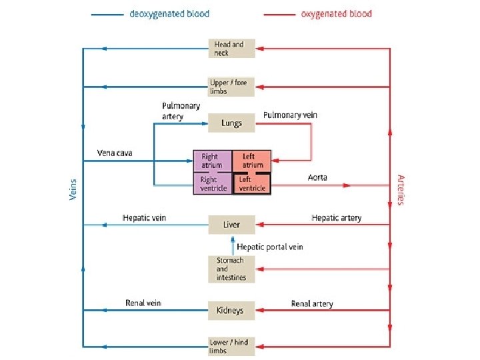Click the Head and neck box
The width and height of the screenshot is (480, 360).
tap(231, 48)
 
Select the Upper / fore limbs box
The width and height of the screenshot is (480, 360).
tap(231, 87)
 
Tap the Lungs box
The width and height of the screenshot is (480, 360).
tap(231, 123)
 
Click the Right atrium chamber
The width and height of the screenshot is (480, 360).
tap(212, 161)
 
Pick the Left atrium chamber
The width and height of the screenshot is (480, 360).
tap(252, 161)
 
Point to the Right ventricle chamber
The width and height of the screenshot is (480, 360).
tap(212, 183)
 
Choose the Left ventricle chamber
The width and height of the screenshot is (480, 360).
tap(252, 183)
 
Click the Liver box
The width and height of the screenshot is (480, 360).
tap(231, 225)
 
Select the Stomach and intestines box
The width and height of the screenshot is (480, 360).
tap(231, 269)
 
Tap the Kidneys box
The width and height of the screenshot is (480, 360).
tap(231, 310)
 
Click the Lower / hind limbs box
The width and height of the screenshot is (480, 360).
tap(231, 346)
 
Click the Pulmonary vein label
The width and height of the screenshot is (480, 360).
tap(290, 115)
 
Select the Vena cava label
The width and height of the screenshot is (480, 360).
tap(115, 153)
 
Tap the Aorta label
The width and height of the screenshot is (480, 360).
tap(317, 177)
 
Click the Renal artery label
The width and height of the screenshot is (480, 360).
tap(312, 304)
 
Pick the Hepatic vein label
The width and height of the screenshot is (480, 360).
tap(144, 218)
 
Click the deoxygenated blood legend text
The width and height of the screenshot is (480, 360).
tap(169, 13)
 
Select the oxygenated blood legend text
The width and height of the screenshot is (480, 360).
tap(337, 13)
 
